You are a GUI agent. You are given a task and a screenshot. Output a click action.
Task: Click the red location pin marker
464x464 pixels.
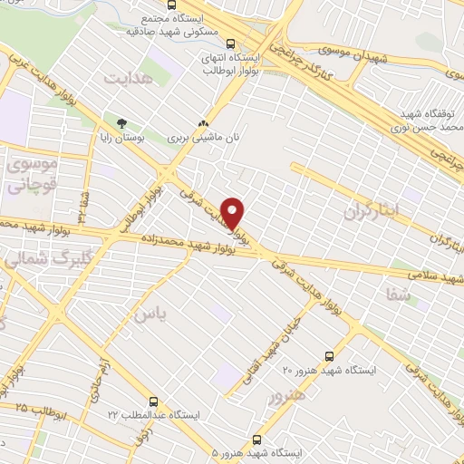233,212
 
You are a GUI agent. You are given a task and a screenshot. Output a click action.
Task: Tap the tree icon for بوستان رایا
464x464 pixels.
121,121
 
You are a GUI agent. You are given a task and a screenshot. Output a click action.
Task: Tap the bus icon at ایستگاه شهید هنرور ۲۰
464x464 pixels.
328,355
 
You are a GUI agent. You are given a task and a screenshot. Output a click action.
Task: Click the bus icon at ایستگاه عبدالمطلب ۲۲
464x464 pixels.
153,400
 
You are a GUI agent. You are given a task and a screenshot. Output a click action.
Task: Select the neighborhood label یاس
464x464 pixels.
144,314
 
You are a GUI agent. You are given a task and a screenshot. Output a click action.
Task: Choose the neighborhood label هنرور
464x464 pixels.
288,396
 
